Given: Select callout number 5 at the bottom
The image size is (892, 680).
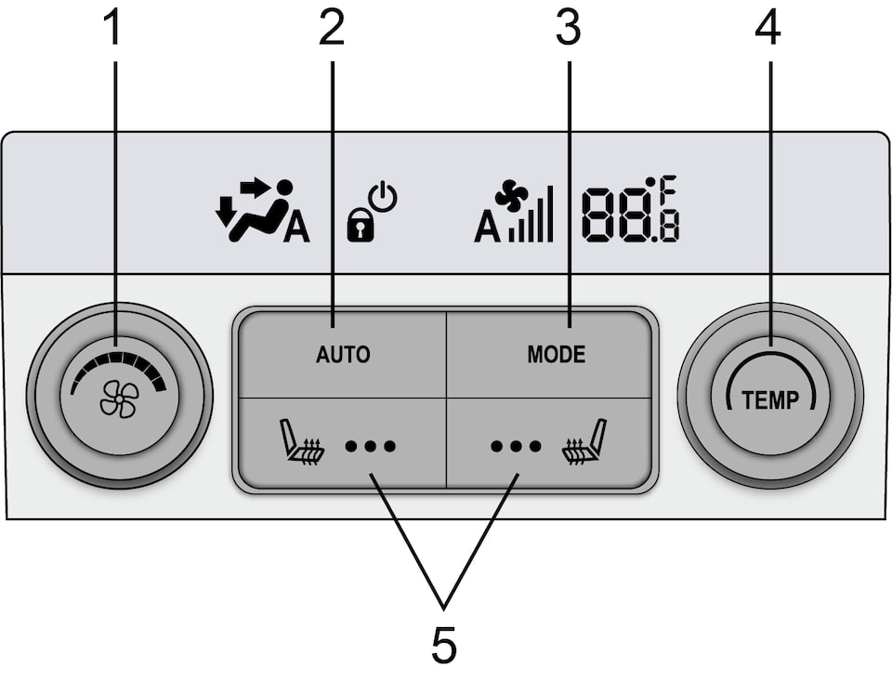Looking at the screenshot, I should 444,646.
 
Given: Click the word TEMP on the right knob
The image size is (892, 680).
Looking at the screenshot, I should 769,400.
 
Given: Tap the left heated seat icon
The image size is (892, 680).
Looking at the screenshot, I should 303,443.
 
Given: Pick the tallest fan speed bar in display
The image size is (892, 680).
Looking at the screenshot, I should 550,214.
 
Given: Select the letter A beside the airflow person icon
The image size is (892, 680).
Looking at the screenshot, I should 296,229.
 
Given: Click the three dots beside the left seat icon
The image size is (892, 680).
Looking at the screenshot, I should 371,446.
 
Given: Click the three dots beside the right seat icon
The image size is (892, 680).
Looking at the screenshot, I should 516,446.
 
